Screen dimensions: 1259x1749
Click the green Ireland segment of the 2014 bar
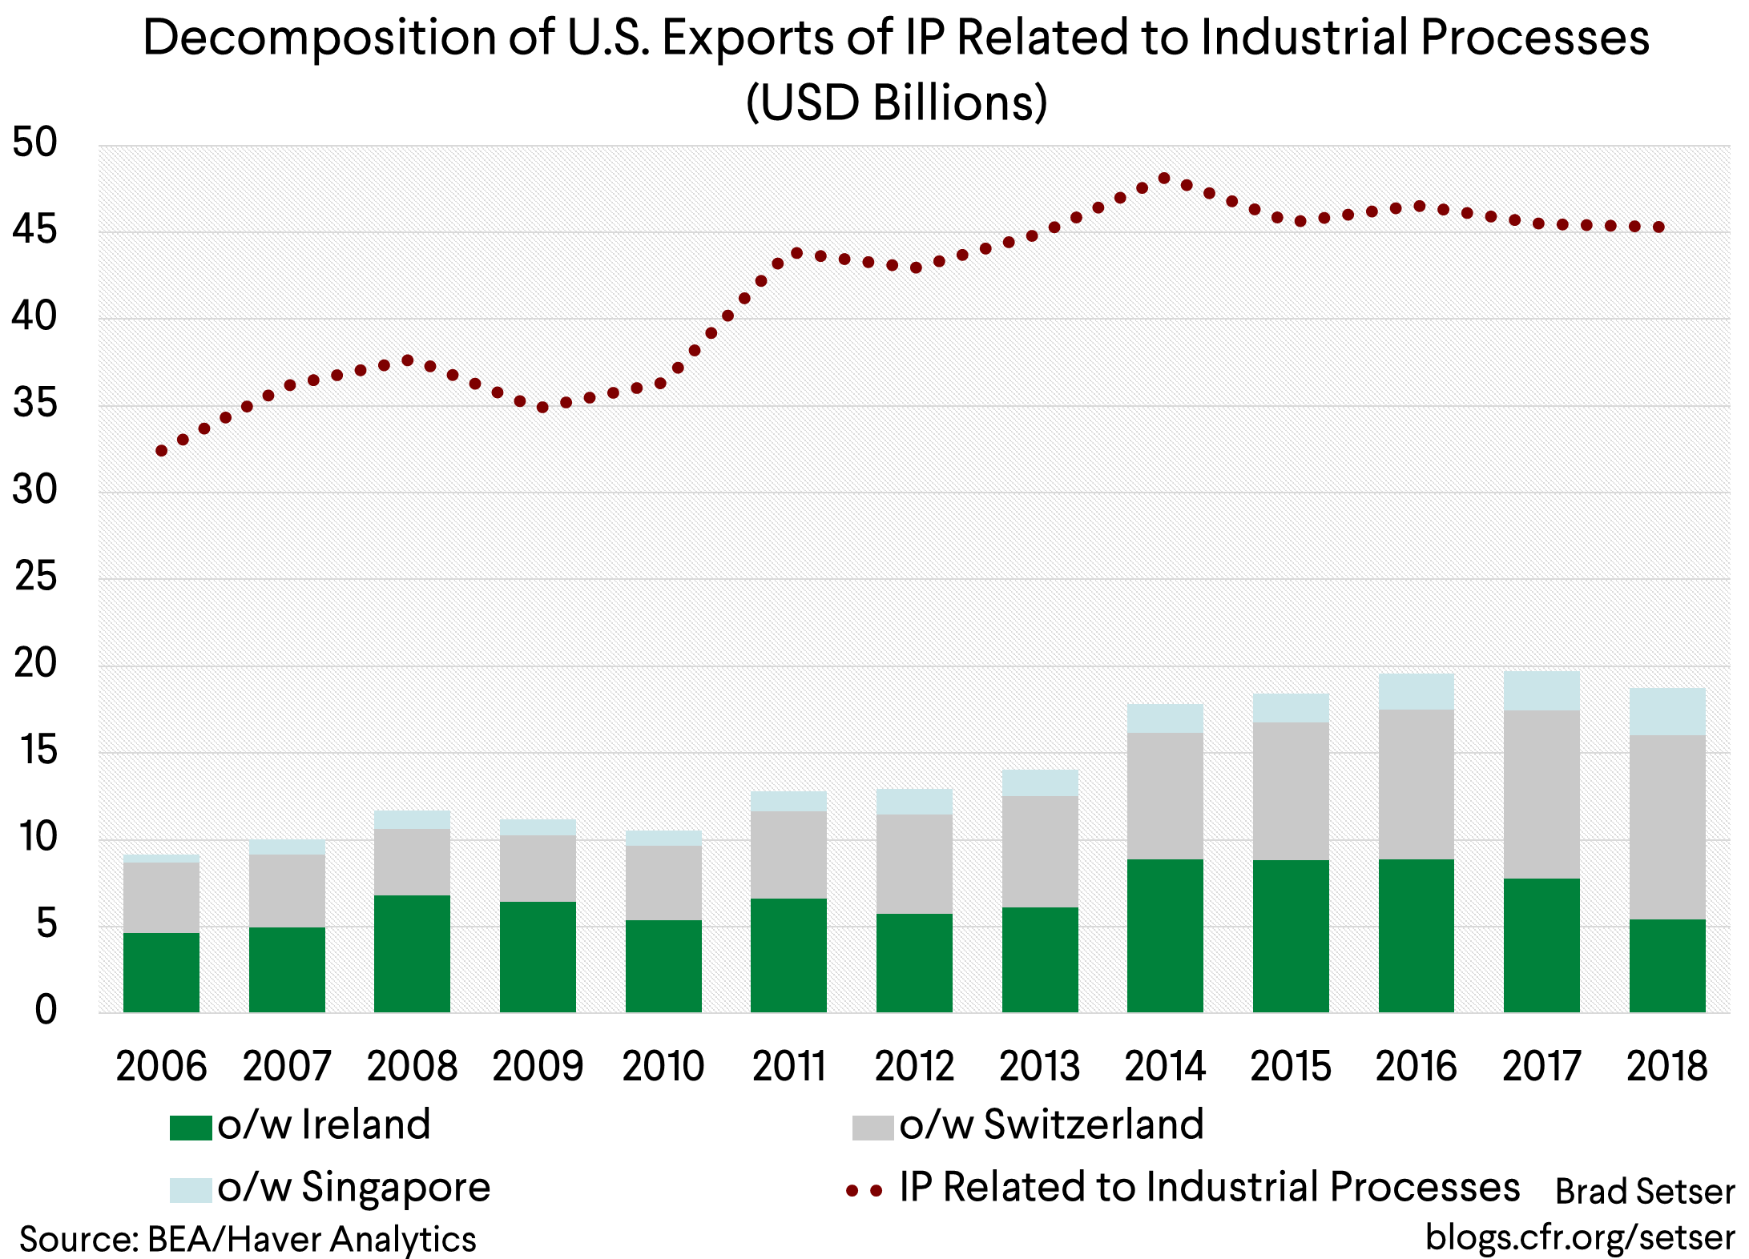pyautogui.click(x=1165, y=935)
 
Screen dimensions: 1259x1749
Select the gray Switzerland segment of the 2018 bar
pyautogui.click(x=1667, y=827)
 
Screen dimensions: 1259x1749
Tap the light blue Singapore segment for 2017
pyautogui.click(x=1541, y=690)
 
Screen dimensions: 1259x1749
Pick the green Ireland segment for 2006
pyautogui.click(x=161, y=972)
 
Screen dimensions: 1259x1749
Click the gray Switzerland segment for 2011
pyautogui.click(x=788, y=855)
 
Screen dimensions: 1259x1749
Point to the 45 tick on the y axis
pyautogui.click(x=35, y=231)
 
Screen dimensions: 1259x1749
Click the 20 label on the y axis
pyautogui.click(x=35, y=664)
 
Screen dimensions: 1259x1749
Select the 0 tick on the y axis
pyautogui.click(x=46, y=1010)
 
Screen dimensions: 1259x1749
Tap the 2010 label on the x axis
pyautogui.click(x=663, y=1067)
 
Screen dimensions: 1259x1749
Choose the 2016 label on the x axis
pyautogui.click(x=1416, y=1067)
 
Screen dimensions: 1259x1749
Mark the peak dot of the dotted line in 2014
pyautogui.click(x=1164, y=179)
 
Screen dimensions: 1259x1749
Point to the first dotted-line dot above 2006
pyautogui.click(x=161, y=451)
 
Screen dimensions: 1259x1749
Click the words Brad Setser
pyautogui.click(x=1644, y=1192)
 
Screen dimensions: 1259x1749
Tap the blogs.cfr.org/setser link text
pyautogui.click(x=1579, y=1237)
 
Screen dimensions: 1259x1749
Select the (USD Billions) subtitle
pyautogui.click(x=896, y=103)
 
